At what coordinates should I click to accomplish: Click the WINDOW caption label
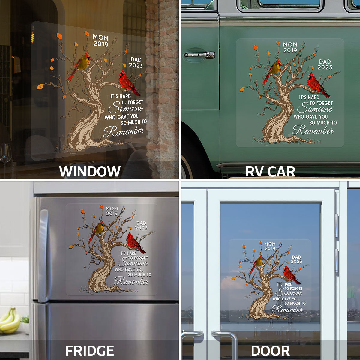tap(90, 171)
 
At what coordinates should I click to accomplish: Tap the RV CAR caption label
tap(270, 171)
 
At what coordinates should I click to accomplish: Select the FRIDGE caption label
tap(90, 351)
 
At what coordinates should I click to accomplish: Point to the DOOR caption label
tap(270, 351)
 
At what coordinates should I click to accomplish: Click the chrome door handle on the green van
tap(199, 55)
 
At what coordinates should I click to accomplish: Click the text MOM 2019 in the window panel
tap(101, 40)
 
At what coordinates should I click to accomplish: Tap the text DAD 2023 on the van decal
tap(325, 64)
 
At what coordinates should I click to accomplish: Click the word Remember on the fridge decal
tap(131, 281)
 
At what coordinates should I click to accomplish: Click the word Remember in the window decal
tap(124, 131)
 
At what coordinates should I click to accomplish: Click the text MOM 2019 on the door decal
tap(270, 246)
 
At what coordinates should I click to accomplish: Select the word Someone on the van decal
tap(315, 108)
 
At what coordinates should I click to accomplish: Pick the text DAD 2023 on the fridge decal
tap(141, 226)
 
